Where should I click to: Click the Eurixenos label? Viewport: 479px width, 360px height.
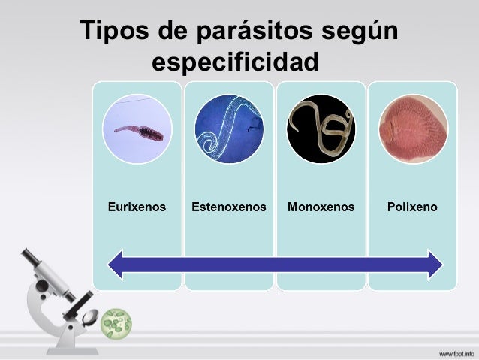tap(137, 205)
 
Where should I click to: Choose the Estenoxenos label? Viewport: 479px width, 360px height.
tap(229, 205)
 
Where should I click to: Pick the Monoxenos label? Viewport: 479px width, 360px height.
tap(321, 205)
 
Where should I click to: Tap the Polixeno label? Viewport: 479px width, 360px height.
tap(412, 205)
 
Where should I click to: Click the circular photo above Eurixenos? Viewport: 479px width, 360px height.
tap(137, 129)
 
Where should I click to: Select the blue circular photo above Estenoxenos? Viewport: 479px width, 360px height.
tap(229, 129)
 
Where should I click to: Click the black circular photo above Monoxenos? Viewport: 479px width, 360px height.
tap(321, 129)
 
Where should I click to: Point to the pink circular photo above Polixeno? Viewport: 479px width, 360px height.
tap(412, 129)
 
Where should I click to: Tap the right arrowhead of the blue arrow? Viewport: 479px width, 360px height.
tap(434, 264)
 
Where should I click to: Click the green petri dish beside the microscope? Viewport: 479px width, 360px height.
tap(116, 322)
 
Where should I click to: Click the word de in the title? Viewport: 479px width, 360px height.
tap(167, 32)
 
